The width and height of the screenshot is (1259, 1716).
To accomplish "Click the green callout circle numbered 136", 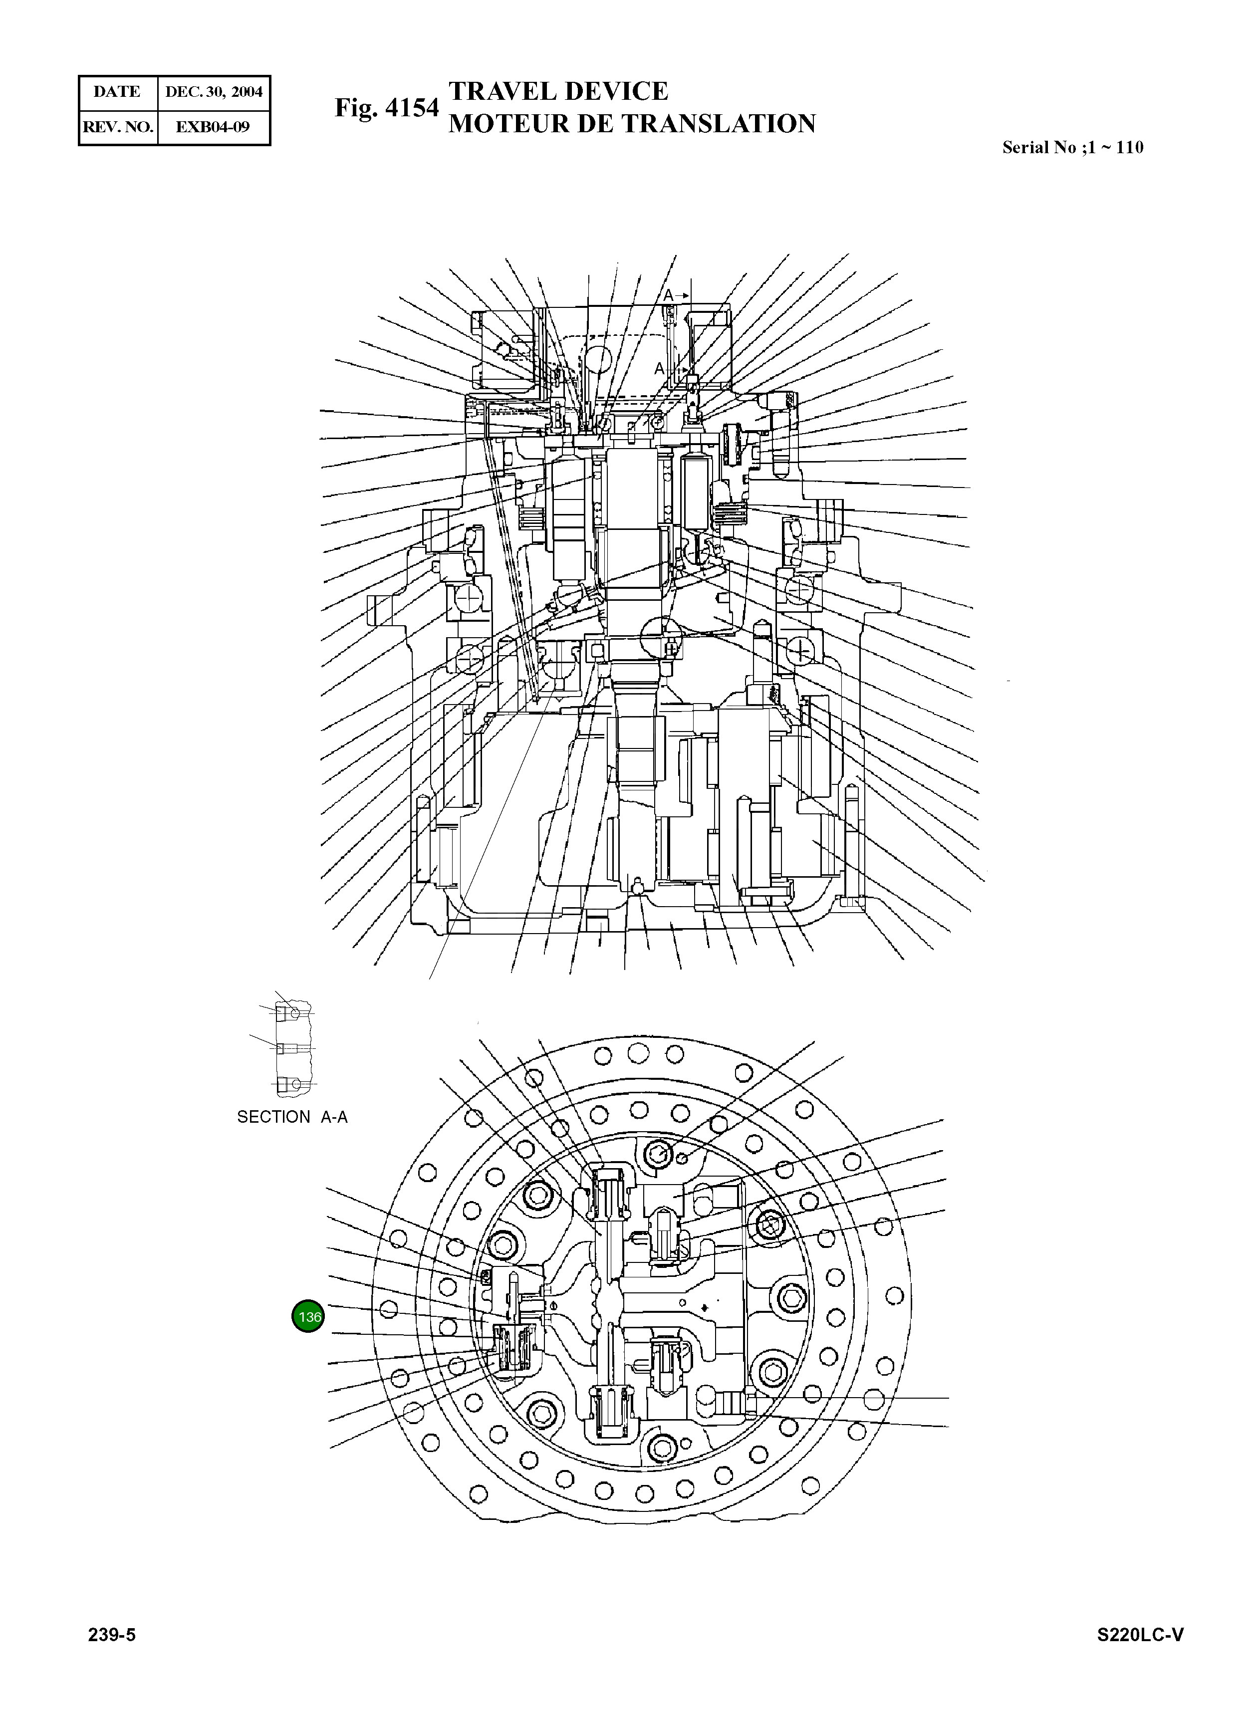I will point(308,1316).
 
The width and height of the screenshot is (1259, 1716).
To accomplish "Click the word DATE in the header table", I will point(117,92).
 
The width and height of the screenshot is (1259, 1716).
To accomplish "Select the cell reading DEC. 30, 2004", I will point(214,92).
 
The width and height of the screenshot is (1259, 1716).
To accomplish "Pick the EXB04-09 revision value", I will point(213,126).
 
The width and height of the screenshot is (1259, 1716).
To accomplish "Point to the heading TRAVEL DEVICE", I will point(558,91).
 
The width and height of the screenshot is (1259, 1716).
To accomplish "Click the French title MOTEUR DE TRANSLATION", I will point(632,123).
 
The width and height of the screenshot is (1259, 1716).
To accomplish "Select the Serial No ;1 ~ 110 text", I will point(1072,148).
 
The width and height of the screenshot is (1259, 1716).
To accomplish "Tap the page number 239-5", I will point(112,1635).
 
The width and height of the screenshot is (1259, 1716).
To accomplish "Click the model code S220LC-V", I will point(1140,1635).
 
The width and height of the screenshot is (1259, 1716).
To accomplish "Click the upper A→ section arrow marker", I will point(675,294).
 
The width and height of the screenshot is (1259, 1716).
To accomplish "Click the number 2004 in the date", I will point(247,92).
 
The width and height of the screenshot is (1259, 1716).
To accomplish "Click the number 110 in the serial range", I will point(1129,148).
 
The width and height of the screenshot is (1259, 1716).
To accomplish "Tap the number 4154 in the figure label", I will point(412,108).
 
